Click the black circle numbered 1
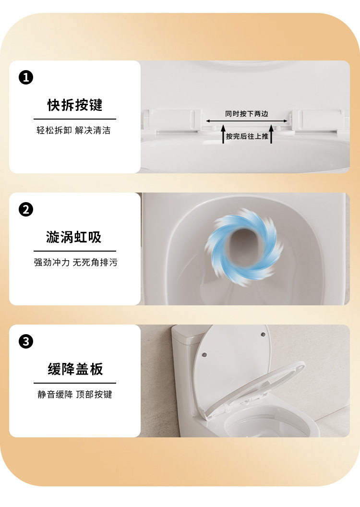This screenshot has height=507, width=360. (26, 78)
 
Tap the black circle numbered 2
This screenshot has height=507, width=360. (26, 209)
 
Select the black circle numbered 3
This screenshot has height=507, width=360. (26, 341)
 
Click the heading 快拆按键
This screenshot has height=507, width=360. (75, 105)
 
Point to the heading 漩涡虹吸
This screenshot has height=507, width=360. (74, 237)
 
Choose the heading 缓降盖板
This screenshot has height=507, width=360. (75, 369)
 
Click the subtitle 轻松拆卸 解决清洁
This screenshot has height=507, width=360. (74, 130)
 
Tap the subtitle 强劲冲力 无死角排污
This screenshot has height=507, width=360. (76, 262)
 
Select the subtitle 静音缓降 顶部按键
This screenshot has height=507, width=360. (75, 395)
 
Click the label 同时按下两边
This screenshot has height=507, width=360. (247, 114)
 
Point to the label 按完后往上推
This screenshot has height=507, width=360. (247, 136)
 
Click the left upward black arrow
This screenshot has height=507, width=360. (223, 134)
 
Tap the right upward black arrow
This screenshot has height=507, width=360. (271, 134)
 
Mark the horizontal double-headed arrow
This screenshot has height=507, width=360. (247, 121)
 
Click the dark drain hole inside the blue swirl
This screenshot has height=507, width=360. (244, 248)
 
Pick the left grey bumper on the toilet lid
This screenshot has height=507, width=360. (204, 355)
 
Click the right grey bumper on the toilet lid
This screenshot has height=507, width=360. (264, 334)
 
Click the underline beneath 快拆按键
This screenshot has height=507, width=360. (75, 119)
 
